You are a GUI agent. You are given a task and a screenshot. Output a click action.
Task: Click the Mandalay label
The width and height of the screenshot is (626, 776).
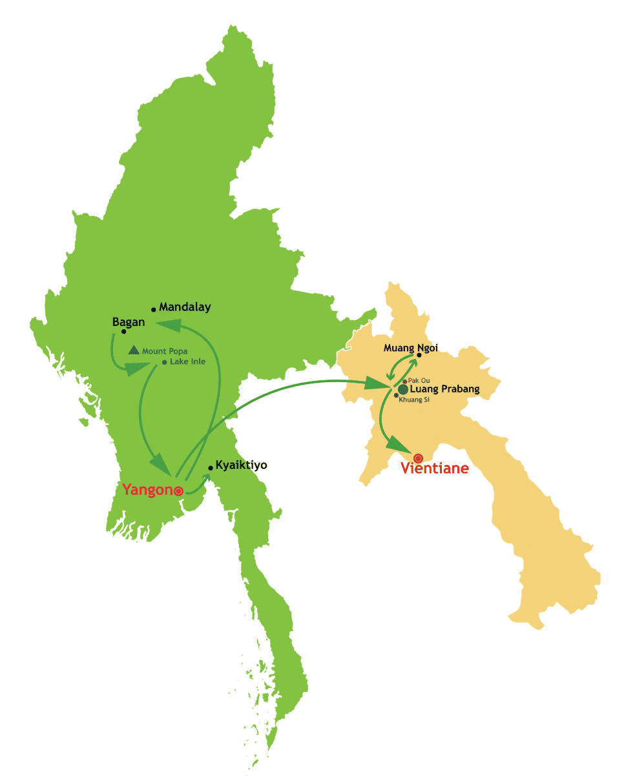(x=185, y=307)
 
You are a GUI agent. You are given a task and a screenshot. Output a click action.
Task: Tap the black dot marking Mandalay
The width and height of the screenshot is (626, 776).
(x=154, y=310)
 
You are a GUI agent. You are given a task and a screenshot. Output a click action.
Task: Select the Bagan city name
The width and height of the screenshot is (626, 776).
(x=129, y=321)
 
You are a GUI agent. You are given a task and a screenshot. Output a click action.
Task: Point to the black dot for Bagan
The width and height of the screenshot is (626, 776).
(x=123, y=332)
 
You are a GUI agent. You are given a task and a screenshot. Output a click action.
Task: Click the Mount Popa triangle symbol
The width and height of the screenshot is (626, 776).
(x=134, y=350)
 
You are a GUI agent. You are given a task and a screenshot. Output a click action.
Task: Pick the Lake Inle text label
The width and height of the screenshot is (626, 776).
(x=188, y=361)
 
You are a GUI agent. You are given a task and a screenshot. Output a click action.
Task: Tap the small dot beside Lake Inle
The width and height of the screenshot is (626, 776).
(x=165, y=362)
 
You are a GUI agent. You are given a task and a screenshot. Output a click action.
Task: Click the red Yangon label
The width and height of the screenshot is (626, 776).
(x=148, y=490)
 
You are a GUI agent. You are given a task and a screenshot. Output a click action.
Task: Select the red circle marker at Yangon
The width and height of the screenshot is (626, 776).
(x=178, y=491)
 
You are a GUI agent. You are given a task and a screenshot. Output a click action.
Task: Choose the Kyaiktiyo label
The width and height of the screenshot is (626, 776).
(x=241, y=465)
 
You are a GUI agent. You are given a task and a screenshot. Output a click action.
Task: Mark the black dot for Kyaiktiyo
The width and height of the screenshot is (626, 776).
(x=211, y=468)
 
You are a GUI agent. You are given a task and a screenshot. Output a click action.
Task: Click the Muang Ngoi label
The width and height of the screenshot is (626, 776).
(x=411, y=348)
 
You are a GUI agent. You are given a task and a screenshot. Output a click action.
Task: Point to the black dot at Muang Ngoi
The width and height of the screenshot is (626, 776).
(x=419, y=354)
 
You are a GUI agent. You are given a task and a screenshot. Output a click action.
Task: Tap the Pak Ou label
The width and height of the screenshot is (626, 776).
(x=419, y=381)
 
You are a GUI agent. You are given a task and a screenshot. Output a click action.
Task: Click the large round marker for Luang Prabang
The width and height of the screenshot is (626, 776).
(x=403, y=389)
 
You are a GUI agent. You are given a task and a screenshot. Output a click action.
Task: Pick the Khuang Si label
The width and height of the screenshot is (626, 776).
(x=414, y=400)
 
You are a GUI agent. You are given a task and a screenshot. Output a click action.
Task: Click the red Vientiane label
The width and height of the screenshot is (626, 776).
(x=435, y=468)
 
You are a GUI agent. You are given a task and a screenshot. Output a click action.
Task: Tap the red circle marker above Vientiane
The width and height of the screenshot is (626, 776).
(x=418, y=458)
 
